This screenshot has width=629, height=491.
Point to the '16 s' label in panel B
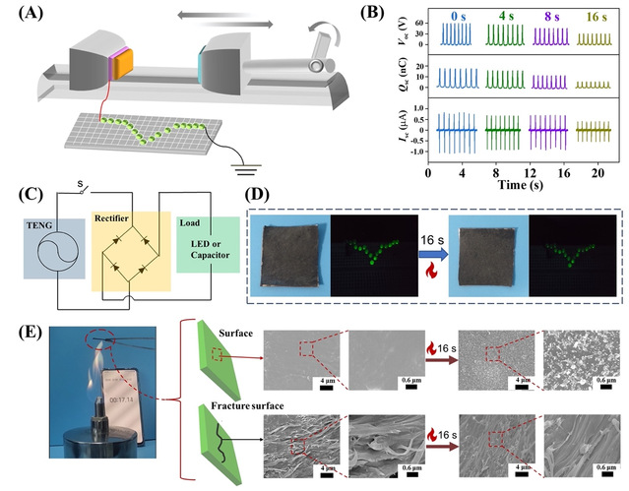pyautogui.click(x=596, y=16)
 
